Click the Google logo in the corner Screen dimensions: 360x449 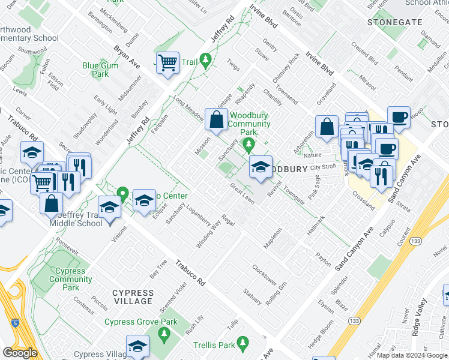(19, 353)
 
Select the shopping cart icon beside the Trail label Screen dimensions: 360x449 (168, 62)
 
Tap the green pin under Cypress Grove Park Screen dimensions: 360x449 (163, 334)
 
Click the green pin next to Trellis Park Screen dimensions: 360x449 (243, 344)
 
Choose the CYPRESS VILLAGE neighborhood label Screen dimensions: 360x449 (133, 297)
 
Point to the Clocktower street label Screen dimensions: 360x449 (264, 275)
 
